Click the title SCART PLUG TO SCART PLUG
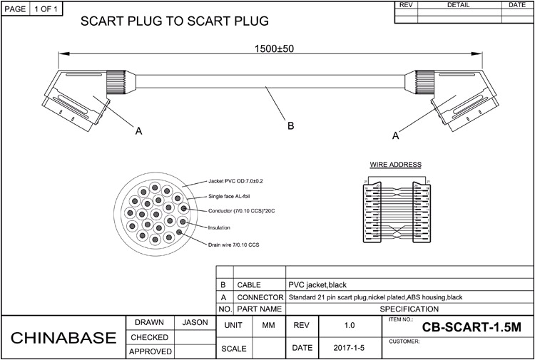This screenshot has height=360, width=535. click(x=174, y=21)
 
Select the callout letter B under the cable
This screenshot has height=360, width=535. click(x=290, y=126)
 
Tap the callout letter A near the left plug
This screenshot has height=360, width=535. click(x=138, y=130)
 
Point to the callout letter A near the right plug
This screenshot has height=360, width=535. click(x=394, y=133)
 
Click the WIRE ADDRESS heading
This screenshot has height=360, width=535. click(x=395, y=165)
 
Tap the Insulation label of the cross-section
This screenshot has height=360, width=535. click(x=219, y=227)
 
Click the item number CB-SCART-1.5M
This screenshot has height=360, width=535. click(x=472, y=328)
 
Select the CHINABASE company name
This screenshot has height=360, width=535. click(x=63, y=337)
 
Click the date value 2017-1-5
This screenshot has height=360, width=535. click(x=349, y=349)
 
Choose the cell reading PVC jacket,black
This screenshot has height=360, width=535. click(x=317, y=284)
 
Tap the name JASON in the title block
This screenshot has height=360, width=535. click(x=195, y=323)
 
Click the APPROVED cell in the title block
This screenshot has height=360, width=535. click(x=150, y=351)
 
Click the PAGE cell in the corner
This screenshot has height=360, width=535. click(x=15, y=9)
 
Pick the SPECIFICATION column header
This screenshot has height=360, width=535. click(x=409, y=309)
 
